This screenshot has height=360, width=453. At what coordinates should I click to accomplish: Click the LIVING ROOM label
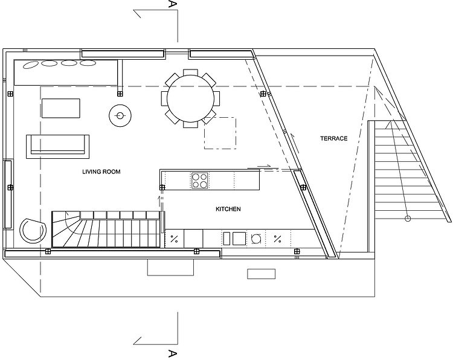coord(101,172)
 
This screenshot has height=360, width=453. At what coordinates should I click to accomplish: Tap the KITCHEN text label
coord(228,209)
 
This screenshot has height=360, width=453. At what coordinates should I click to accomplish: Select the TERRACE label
coord(333,138)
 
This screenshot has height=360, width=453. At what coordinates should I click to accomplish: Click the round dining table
coord(191,98)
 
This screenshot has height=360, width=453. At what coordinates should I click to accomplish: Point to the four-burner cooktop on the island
coord(199,180)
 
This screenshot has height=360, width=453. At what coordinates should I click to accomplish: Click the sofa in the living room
coord(58,147)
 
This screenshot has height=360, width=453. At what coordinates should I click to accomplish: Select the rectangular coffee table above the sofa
coord(61,108)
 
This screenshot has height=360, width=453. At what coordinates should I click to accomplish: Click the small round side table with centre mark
coord(120,116)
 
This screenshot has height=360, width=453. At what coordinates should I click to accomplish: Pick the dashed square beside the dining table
coord(220,133)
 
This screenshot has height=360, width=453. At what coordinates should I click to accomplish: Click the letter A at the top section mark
coord(172,4)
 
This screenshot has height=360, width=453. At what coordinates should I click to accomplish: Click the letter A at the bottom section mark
coord(172,353)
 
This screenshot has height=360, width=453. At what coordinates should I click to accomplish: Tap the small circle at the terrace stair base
coord(408,219)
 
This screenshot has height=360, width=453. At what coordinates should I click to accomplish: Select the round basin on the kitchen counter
coord(256,239)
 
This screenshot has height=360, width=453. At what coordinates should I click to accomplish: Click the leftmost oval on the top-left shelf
coord(31,65)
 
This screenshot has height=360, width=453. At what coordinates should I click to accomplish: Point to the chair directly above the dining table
coord(191,72)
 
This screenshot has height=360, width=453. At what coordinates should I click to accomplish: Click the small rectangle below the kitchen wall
coord(261,274)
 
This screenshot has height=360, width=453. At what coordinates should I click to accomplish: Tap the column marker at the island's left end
coord(162,187)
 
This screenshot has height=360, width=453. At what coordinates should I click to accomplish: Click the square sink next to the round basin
coord(239,239)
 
